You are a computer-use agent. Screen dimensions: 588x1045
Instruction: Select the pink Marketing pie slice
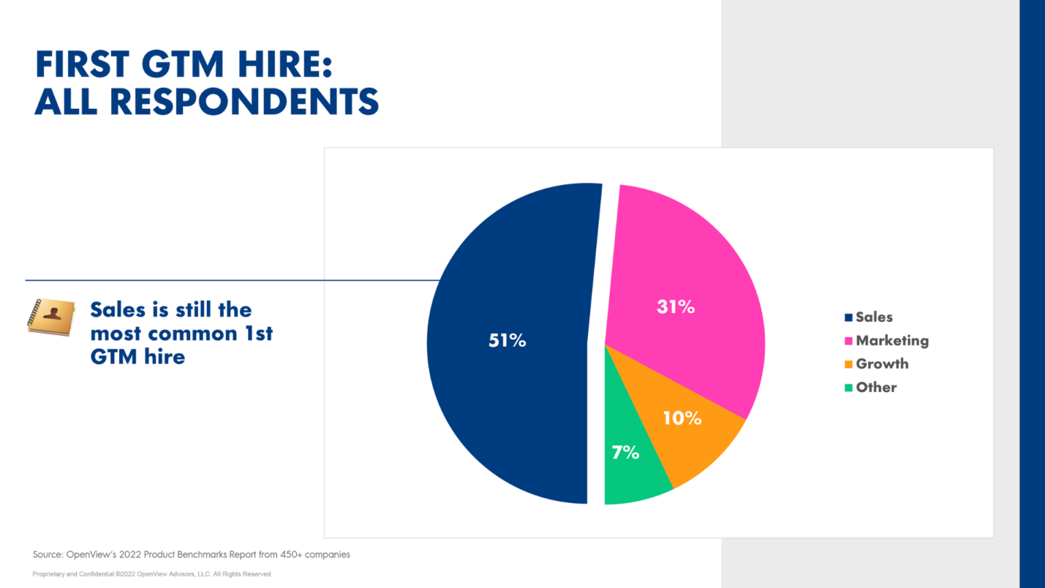coord(687,272)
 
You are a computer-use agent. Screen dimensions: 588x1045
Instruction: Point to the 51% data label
coord(508,340)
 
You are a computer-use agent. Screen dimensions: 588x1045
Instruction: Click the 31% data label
coord(676,307)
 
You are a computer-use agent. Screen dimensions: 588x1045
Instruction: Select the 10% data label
coord(682,418)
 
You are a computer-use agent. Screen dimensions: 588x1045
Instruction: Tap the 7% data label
coord(625,452)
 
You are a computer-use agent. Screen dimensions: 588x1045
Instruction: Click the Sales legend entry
coord(874,317)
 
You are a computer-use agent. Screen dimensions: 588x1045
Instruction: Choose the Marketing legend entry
coord(891,340)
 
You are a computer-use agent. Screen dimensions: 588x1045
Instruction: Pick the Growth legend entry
coord(882,364)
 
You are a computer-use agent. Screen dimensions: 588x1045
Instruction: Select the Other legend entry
coord(876,387)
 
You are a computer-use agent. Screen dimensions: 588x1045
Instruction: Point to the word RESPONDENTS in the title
coord(244,102)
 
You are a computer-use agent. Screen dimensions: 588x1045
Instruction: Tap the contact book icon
coord(51,317)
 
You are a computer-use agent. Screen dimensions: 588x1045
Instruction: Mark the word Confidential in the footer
coord(96,574)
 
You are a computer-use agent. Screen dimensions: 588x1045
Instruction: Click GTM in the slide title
coord(182,65)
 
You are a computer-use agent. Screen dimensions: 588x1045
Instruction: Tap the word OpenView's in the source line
coord(91,555)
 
